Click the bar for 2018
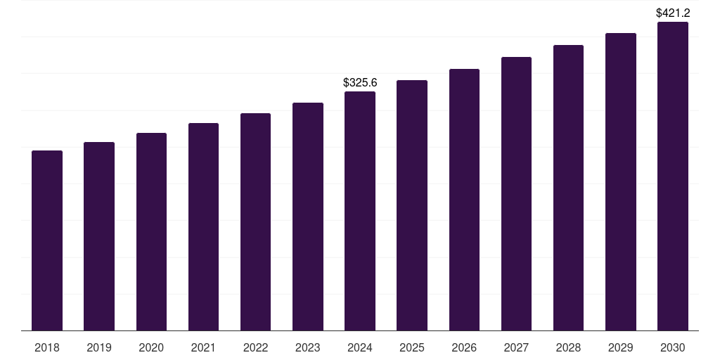coord(47,240)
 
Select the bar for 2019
coord(99,236)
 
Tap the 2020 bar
coord(152,232)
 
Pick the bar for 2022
coord(255,221)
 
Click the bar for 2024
coord(360,211)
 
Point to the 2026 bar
coord(464,200)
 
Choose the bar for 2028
coord(568,188)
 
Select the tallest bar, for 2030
coord(673,176)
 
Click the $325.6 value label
coord(360,83)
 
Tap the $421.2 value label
coord(673,13)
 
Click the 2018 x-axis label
coord(47,348)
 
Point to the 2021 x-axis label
coord(203,348)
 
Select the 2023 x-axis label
coord(308,348)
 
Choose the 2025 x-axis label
coord(412,348)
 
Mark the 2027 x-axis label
coord(516,348)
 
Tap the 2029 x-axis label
coord(621,348)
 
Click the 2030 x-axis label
coord(673,348)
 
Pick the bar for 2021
coord(203,227)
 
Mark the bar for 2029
coord(621,182)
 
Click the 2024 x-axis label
coord(360,348)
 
